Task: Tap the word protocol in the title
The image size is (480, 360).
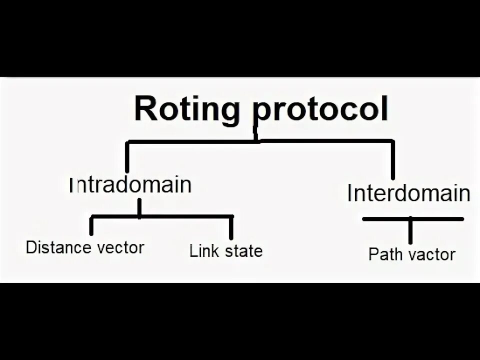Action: click(x=321, y=111)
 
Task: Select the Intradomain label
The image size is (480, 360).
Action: click(x=131, y=185)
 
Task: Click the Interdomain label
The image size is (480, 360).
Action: click(x=408, y=193)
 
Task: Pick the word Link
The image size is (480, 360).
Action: click(x=202, y=250)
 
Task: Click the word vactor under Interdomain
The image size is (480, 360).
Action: click(x=430, y=254)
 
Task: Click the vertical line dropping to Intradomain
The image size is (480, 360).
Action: click(x=127, y=157)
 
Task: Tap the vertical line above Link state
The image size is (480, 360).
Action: click(x=231, y=227)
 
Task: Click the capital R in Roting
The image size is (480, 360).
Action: click(x=145, y=110)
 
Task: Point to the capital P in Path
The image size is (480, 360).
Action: click(x=373, y=254)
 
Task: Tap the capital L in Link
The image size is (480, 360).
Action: click(x=193, y=250)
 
